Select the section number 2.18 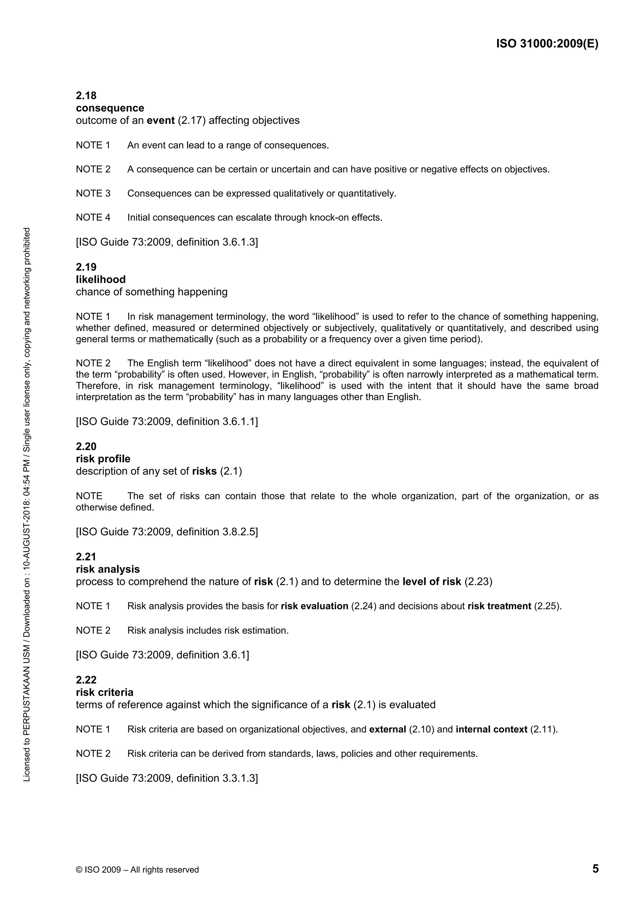click(x=86, y=96)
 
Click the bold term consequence click(x=110, y=108)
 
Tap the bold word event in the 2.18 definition click(x=160, y=120)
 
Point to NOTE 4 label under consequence click(x=93, y=218)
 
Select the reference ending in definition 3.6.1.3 click(x=167, y=242)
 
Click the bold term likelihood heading click(x=101, y=279)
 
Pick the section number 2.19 click(x=86, y=267)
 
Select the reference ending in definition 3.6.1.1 click(x=167, y=421)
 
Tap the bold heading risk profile click(x=103, y=459)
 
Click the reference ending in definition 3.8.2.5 click(x=167, y=532)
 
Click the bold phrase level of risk click(x=432, y=582)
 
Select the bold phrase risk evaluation click(x=314, y=606)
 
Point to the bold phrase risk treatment click(x=499, y=606)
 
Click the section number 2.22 click(x=86, y=680)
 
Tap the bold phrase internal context click(x=491, y=730)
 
